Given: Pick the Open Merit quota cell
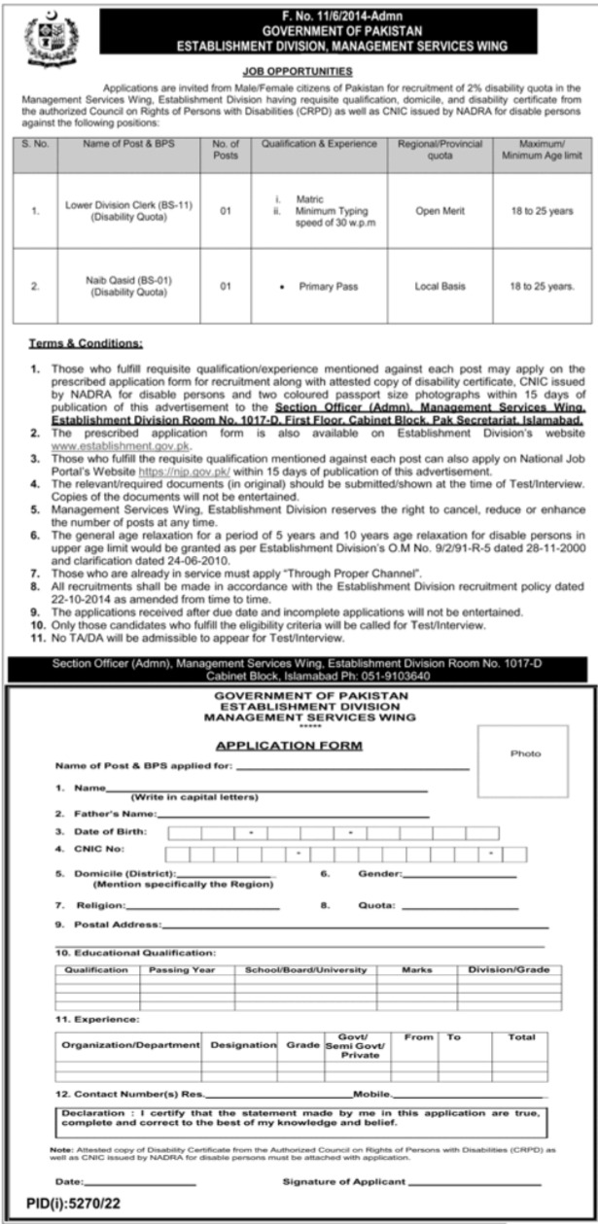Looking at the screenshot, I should pos(440,211).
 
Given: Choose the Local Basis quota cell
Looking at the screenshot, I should pos(440,286).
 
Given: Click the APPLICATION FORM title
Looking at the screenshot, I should pos(289,746).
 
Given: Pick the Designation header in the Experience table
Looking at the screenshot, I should pos(242,1044).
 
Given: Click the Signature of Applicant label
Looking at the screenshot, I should pos(344,1181).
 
